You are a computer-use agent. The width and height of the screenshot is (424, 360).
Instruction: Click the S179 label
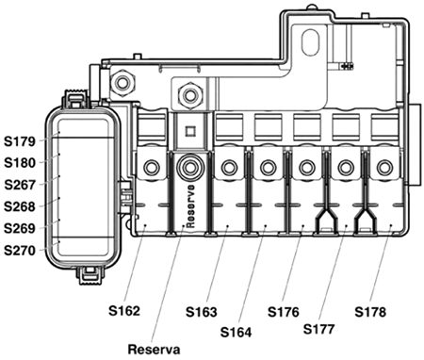click(20, 141)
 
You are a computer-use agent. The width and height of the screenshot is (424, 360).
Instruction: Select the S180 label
click(20, 163)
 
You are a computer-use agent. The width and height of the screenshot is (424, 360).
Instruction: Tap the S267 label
click(20, 185)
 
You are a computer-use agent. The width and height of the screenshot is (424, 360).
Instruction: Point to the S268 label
click(20, 206)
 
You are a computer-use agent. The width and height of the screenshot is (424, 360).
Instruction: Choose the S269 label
click(20, 228)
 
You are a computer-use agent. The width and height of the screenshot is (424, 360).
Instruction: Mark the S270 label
click(20, 251)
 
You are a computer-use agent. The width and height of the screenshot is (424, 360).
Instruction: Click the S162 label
click(124, 311)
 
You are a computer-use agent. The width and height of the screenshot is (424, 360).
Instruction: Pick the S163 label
click(202, 312)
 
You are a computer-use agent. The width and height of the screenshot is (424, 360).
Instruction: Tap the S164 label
click(236, 333)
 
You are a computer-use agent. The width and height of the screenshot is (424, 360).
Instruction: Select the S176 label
click(284, 312)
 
